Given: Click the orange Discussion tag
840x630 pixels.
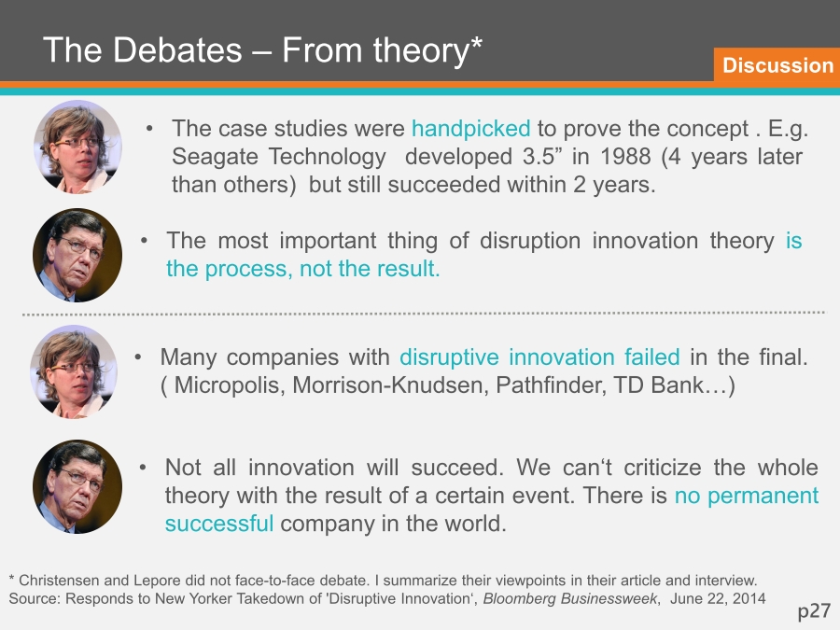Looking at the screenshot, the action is (777, 64).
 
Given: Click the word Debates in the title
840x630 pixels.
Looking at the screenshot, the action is (177, 49).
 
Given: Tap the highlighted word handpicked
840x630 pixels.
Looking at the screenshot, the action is (471, 129).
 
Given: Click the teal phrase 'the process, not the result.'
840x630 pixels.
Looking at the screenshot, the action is (302, 269).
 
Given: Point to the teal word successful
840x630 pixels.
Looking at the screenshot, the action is (219, 524).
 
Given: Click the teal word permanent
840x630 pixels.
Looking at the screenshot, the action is (763, 496).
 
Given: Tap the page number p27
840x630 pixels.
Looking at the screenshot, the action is (814, 610).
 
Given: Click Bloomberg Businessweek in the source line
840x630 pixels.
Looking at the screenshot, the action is (570, 598).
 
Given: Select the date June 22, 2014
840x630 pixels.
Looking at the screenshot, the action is (718, 598).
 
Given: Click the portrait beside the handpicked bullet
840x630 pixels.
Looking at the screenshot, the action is (77, 147).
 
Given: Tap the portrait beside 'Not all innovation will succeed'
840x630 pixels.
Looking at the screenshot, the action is (77, 487).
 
